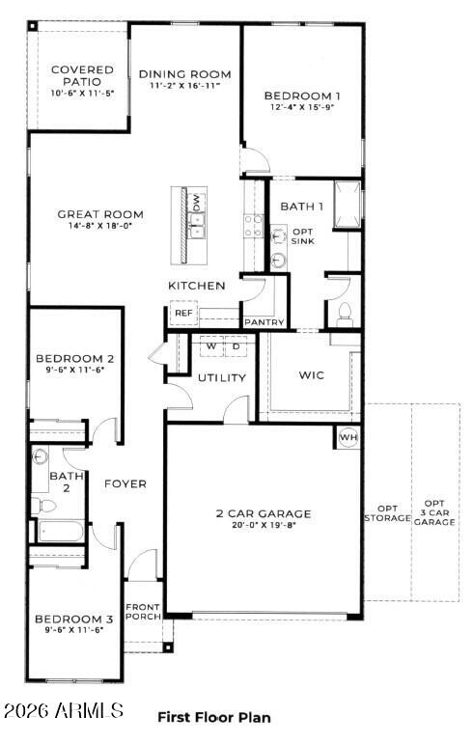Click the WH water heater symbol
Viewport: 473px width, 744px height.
point(347,437)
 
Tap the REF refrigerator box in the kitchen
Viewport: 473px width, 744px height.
point(182,314)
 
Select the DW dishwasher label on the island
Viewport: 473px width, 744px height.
point(196,203)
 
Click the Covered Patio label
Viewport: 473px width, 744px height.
point(82,76)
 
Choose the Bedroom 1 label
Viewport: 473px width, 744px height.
point(301,96)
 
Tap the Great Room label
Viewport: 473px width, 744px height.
point(99,214)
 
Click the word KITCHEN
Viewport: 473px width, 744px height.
point(197,286)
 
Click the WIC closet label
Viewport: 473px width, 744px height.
point(311,374)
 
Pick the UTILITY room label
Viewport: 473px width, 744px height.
point(222,377)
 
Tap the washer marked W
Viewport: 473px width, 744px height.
point(209,345)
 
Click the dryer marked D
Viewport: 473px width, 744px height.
point(235,345)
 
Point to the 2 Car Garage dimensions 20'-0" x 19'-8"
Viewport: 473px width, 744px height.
point(264,527)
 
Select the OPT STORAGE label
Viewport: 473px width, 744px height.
point(387,513)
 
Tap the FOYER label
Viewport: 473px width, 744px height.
point(125,483)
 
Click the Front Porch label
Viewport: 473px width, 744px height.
point(143,612)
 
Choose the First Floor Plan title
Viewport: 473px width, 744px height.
point(213,717)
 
